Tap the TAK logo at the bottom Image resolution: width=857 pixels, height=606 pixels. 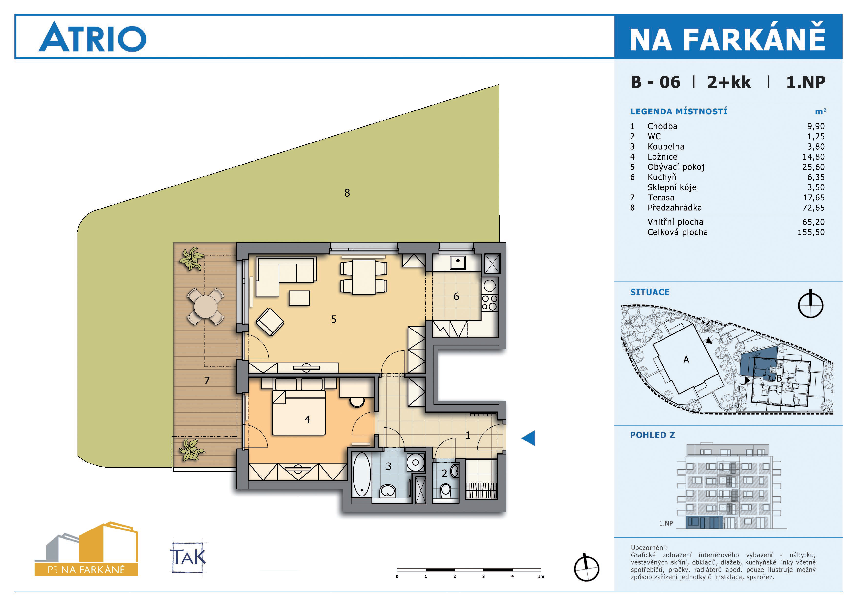188,557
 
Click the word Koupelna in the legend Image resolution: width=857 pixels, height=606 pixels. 666,147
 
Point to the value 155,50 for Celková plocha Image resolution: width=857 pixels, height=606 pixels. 811,232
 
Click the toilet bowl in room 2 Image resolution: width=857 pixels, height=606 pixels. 446,491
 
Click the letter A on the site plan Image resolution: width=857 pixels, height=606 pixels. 686,359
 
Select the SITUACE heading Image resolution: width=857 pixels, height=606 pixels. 650,292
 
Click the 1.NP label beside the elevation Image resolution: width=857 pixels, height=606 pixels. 666,523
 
